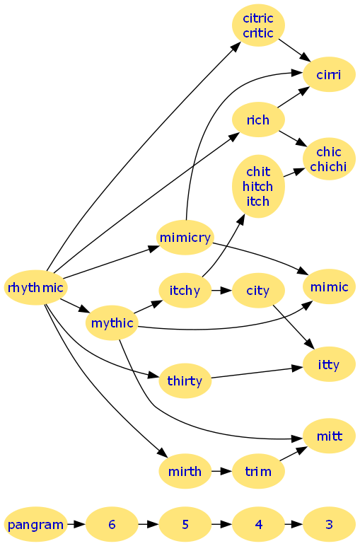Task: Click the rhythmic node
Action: coord(35,288)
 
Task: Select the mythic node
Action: coord(112,323)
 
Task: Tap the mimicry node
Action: coord(185,238)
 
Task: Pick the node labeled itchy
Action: coord(185,290)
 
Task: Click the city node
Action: coord(258,290)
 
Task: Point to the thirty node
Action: coord(185,381)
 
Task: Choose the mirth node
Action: coord(185,471)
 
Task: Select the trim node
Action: coord(258,471)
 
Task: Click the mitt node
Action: coord(329,436)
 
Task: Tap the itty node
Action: coord(329,364)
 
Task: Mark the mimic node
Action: coord(329,286)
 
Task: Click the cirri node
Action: coord(329,74)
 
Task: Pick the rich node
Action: coord(258,120)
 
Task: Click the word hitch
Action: coord(257,186)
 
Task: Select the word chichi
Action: coord(328,166)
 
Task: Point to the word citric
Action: coord(258,18)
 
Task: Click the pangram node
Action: coord(35,524)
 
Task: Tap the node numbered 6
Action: coord(112,524)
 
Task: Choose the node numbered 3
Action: coord(329,524)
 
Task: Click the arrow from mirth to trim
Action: coord(222,471)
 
